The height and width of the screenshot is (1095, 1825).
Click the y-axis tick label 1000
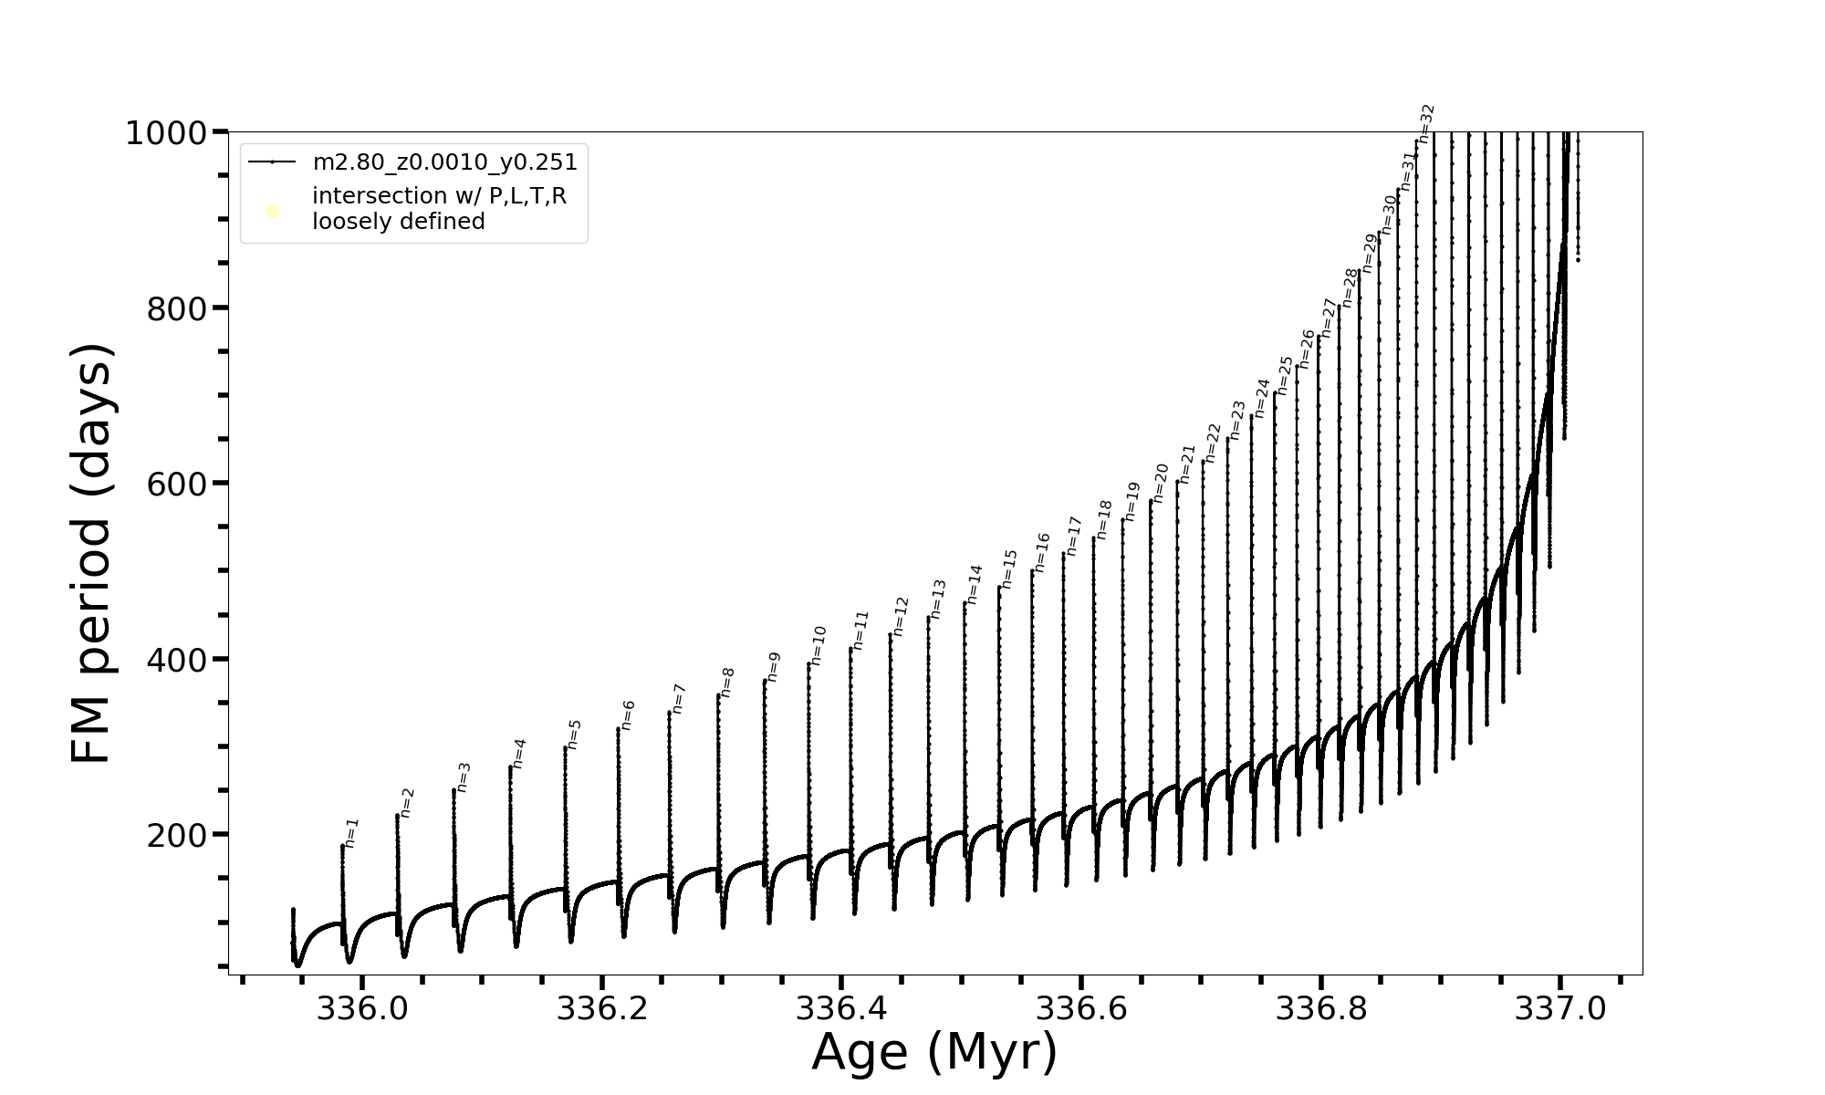167,134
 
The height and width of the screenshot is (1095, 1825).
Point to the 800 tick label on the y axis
177,309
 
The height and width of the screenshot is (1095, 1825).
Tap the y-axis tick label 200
177,836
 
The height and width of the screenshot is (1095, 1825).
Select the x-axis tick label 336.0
362,1008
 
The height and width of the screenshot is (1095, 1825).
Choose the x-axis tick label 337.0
1560,1008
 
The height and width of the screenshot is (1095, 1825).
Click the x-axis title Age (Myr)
934,1052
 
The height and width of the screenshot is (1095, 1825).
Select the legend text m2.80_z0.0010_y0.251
444,162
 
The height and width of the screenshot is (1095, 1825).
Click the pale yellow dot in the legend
272,212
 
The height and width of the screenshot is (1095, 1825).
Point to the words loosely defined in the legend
398,222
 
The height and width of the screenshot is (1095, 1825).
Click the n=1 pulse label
352,833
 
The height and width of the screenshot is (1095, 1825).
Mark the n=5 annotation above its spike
574,735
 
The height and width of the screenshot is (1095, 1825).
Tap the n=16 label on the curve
1042,553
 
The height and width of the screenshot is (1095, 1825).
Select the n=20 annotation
1161,483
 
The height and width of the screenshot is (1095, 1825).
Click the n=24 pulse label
1262,398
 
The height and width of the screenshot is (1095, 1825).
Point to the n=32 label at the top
1427,124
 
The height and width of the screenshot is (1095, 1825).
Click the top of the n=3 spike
454,790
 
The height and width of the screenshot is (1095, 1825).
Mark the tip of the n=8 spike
718,696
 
